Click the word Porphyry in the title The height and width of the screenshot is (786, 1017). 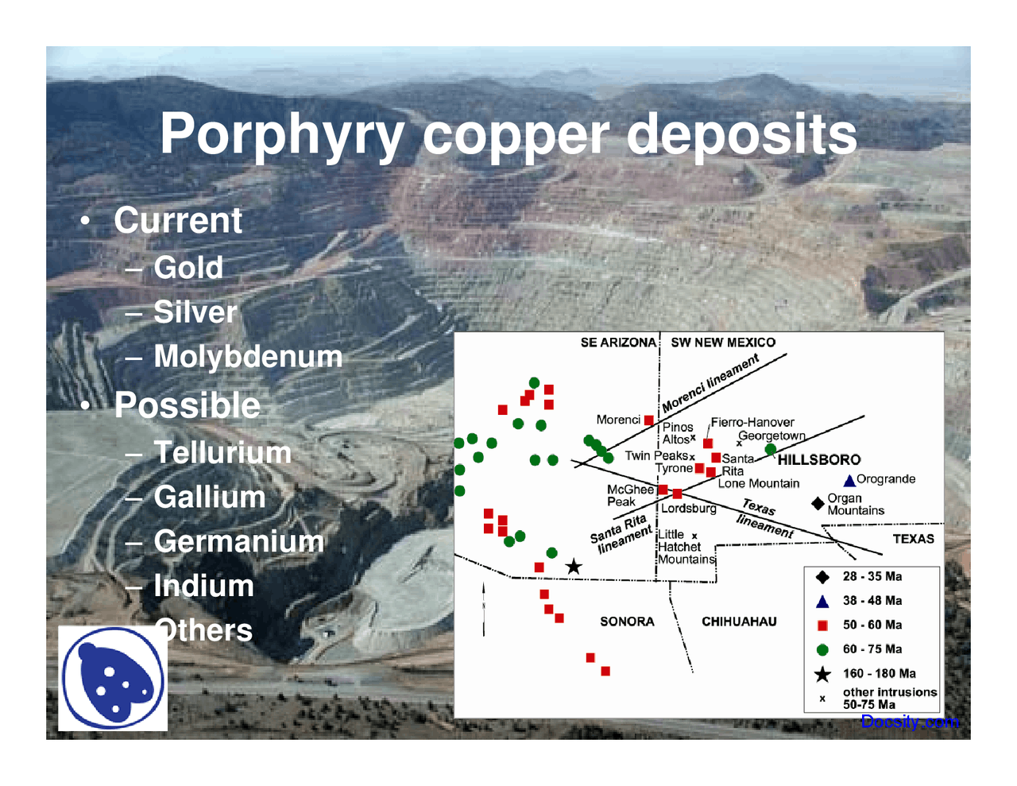point(282,135)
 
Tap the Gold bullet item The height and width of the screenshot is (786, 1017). point(188,268)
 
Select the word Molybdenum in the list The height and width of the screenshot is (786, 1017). point(248,357)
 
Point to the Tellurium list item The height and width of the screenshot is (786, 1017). point(222,453)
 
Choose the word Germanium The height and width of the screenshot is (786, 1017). point(238,542)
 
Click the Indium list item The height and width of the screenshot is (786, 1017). point(203,587)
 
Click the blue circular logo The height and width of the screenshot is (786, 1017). point(113,679)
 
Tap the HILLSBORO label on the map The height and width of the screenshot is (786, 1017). point(818,460)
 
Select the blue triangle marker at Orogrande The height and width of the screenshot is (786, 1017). point(849,480)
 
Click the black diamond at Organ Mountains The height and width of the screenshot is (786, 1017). point(818,503)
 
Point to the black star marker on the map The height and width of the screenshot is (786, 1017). point(574,567)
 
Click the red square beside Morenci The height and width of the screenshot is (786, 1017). point(649,420)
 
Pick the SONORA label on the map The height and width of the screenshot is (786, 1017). point(627,621)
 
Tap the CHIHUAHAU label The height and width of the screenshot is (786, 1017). point(739,621)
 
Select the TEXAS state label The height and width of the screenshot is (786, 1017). point(913,539)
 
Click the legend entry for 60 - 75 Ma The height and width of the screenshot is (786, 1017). point(872,649)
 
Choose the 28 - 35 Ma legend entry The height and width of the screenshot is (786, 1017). point(872,577)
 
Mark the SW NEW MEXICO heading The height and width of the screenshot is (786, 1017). point(723,343)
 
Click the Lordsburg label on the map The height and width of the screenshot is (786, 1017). point(689,509)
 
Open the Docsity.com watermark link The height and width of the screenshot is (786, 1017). point(910,722)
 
